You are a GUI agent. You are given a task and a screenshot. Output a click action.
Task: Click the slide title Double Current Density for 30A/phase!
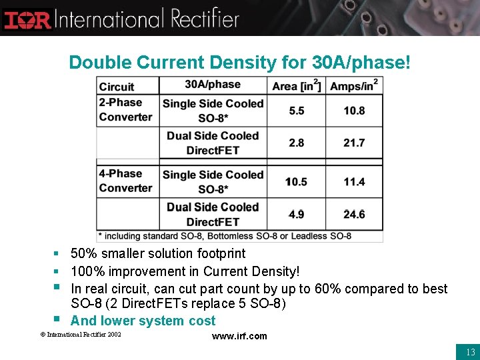tap(239, 63)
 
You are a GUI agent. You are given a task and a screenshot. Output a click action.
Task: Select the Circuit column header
tap(117, 87)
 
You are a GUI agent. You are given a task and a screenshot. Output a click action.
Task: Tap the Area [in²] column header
tap(296, 85)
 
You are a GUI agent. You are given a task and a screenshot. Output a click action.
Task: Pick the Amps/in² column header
tap(355, 85)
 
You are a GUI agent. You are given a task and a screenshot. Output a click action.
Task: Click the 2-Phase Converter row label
tap(126, 110)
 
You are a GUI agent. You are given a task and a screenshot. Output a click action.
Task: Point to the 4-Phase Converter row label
tap(126, 181)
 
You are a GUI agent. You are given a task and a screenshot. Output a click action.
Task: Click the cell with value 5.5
tap(297, 111)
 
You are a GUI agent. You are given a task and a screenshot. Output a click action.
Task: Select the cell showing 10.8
tap(355, 111)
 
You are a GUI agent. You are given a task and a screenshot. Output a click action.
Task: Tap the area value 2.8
tap(297, 143)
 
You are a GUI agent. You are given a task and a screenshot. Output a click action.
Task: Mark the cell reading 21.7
tap(355, 143)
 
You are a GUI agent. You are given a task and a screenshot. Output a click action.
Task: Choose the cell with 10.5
tap(296, 181)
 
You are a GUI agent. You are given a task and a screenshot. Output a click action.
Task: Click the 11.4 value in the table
tap(355, 181)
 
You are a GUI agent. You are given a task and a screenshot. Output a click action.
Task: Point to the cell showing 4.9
tap(297, 214)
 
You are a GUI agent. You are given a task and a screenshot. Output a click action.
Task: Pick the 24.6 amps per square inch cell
tap(355, 214)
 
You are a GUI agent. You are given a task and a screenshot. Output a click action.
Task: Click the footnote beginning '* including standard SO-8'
tap(225, 236)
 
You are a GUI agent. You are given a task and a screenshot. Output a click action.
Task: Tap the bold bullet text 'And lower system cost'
tap(143, 321)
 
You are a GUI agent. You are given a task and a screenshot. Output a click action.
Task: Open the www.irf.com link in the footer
tap(239, 336)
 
